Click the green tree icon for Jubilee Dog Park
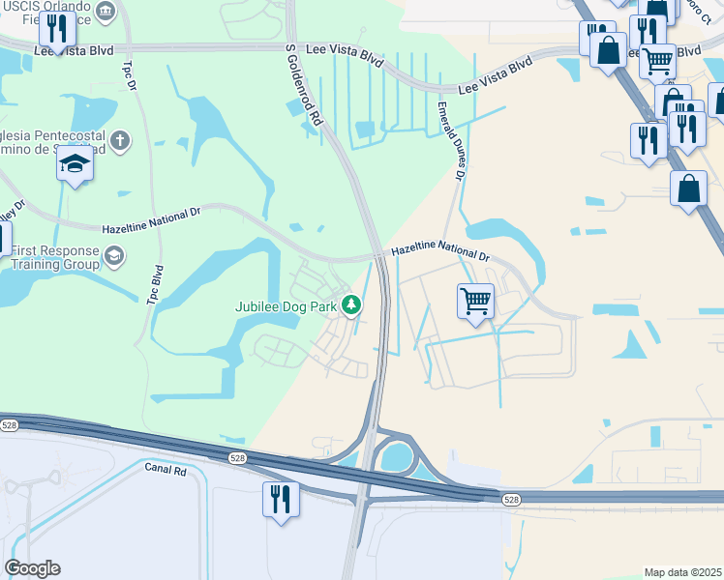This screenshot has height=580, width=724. point(352,305)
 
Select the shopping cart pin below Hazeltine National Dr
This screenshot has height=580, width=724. point(475,303)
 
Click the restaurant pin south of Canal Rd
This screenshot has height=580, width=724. point(281,500)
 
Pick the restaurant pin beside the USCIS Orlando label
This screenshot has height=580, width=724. point(58,31)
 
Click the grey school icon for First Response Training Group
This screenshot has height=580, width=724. point(114,256)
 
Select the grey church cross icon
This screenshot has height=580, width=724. point(120,140)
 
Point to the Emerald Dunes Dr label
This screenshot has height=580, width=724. point(450,140)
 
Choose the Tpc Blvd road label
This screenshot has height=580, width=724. point(153,286)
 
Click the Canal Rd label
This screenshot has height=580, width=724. point(165,470)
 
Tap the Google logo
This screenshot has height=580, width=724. point(32,568)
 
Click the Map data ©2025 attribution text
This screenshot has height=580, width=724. point(682,572)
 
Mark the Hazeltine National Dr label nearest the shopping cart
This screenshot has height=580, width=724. point(440,254)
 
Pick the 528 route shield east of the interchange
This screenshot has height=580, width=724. point(512,499)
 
